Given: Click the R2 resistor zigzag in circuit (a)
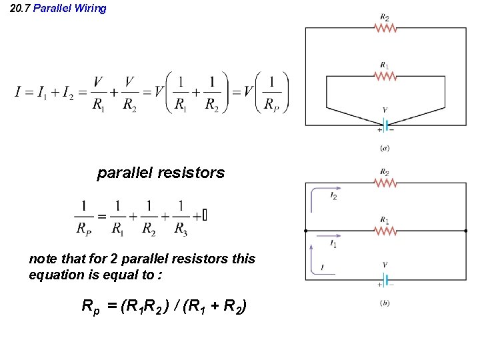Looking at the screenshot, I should tap(385, 28).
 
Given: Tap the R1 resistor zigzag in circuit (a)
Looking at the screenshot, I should tap(385, 76).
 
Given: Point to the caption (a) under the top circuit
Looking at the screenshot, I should tap(385, 147).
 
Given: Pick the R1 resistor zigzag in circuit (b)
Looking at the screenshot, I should tap(385, 231).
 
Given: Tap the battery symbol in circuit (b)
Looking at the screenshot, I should tap(385, 278).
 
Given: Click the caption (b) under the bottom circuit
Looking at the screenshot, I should tap(385, 303).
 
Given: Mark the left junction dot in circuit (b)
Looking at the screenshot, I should tap(305, 231).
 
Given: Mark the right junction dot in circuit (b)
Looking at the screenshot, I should tap(465, 231).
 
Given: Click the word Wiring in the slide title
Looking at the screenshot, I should tap(89, 9).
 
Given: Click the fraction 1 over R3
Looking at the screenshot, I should tap(181, 217).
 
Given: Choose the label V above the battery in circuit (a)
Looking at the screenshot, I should tap(385, 110).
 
